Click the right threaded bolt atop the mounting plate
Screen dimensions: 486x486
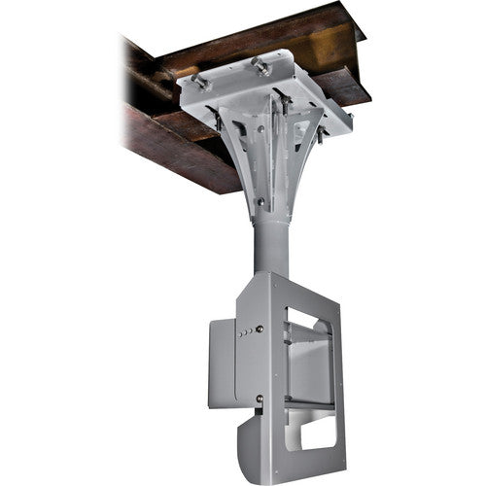[x=260, y=64]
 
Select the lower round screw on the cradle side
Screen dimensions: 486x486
[x=259, y=398]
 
